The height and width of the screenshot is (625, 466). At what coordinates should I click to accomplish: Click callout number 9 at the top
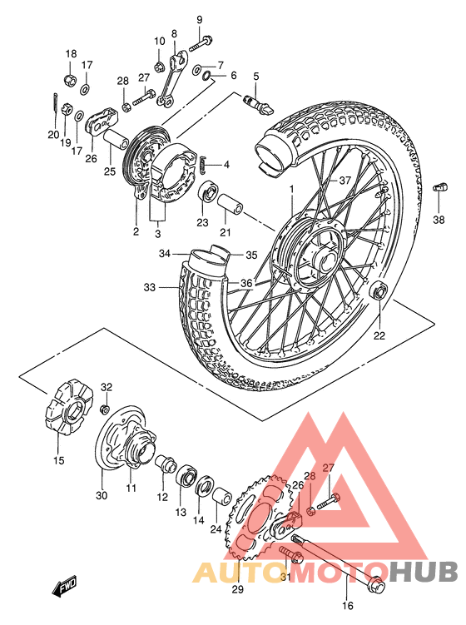pyautogui.click(x=200, y=19)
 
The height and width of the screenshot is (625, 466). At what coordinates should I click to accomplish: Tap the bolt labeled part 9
pyautogui.click(x=201, y=41)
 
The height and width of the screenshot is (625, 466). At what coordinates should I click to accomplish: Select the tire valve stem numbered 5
pyautogui.click(x=253, y=101)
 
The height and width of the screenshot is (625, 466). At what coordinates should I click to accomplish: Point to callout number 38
pyautogui.click(x=439, y=221)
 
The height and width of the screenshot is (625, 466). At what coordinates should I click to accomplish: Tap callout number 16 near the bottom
pyautogui.click(x=348, y=606)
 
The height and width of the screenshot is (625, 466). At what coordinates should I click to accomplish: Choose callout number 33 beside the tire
pyautogui.click(x=149, y=288)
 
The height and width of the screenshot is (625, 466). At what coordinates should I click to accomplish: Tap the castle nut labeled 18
pyautogui.click(x=70, y=81)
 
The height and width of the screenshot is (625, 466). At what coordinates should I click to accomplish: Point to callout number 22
pyautogui.click(x=379, y=336)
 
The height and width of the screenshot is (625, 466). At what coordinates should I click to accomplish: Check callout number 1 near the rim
pyautogui.click(x=292, y=191)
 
